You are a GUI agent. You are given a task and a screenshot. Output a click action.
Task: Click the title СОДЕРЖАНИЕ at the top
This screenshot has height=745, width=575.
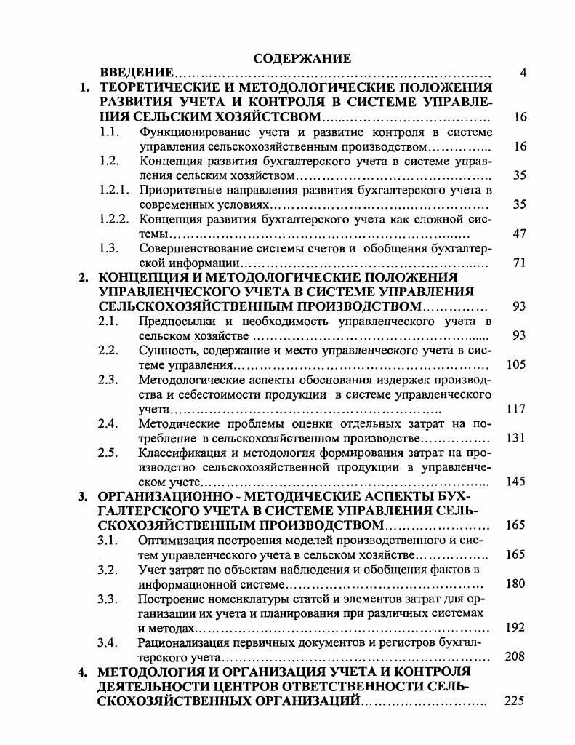pyautogui.click(x=302, y=57)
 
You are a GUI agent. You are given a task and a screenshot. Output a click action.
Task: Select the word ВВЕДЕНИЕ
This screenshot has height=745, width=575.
pyautogui.click(x=136, y=73)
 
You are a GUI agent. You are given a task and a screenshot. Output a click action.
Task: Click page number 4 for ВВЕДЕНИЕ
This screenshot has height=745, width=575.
pyautogui.click(x=523, y=73)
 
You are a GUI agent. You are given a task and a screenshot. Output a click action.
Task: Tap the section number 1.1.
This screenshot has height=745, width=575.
pyautogui.click(x=109, y=132)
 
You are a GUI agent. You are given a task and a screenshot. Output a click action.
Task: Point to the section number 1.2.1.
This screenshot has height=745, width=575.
pyautogui.click(x=114, y=190)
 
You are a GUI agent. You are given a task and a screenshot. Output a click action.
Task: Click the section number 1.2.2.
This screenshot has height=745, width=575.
pyautogui.click(x=114, y=219)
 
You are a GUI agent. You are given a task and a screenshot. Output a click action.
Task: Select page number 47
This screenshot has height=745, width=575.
pyautogui.click(x=519, y=234)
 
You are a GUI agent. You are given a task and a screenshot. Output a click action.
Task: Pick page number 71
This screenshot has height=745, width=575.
pyautogui.click(x=519, y=263)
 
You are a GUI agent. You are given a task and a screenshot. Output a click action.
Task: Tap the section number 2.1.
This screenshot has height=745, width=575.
pyautogui.click(x=108, y=321)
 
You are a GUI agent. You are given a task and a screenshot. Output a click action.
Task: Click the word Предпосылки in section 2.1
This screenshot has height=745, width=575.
pyautogui.click(x=174, y=321)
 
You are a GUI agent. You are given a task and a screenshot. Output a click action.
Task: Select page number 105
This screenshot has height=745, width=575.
pyautogui.click(x=516, y=364)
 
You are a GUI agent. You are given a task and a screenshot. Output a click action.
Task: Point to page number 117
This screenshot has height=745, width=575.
pyautogui.click(x=516, y=409)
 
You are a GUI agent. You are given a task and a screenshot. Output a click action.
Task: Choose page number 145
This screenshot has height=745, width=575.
pyautogui.click(x=516, y=482)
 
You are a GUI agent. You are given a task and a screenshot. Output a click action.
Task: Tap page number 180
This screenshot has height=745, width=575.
pyautogui.click(x=516, y=583)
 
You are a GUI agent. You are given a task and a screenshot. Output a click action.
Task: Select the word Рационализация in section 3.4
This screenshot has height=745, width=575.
pyautogui.click(x=180, y=642)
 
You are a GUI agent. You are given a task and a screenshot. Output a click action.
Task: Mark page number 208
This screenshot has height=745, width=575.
pyautogui.click(x=516, y=656)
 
